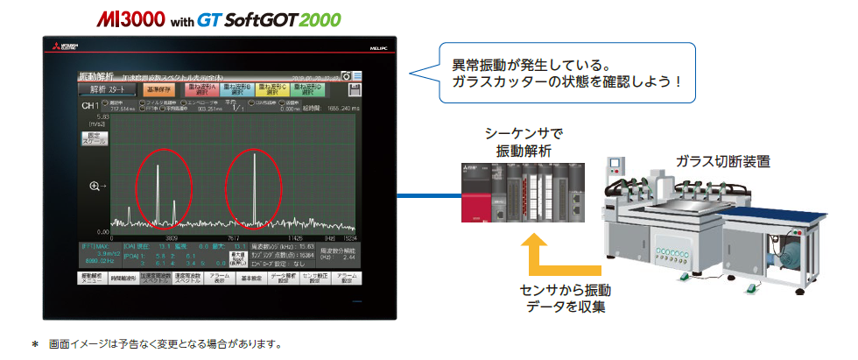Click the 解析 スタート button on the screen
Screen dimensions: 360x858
click(108, 88)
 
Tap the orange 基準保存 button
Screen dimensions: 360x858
click(160, 88)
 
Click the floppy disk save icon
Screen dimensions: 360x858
click(356, 89)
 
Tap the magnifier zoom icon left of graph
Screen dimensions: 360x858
click(97, 186)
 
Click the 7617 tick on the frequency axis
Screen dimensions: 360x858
click(234, 236)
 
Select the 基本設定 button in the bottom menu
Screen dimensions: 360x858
click(251, 278)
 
